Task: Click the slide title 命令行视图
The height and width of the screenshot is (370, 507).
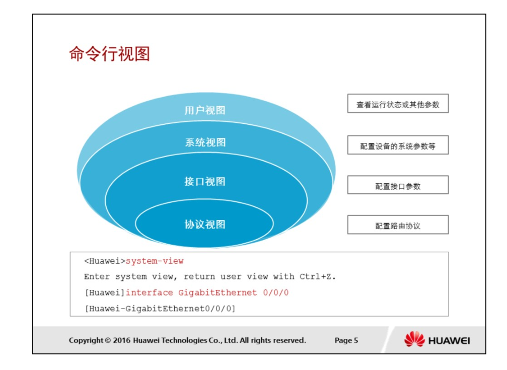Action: pyautogui.click(x=110, y=54)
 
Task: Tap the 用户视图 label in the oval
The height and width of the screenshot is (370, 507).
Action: pyautogui.click(x=205, y=110)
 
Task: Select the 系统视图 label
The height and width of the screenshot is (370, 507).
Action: pyautogui.click(x=205, y=142)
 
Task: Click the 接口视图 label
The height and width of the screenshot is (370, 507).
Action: pyautogui.click(x=205, y=181)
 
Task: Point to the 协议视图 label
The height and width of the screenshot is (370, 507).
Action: pyautogui.click(x=205, y=224)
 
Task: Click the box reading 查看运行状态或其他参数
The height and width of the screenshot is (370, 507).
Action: pyautogui.click(x=398, y=104)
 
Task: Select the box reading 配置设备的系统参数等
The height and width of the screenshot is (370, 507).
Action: pyautogui.click(x=398, y=145)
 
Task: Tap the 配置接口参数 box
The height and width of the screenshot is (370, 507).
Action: pyautogui.click(x=398, y=185)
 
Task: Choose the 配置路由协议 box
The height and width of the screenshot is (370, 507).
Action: pyautogui.click(x=398, y=225)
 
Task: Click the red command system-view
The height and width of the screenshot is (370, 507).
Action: pyautogui.click(x=155, y=261)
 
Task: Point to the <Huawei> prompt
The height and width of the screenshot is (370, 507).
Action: pyautogui.click(x=105, y=261)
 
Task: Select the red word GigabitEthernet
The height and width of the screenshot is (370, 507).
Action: pyautogui.click(x=218, y=292)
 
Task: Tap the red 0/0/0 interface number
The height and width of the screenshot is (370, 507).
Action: pyautogui.click(x=276, y=292)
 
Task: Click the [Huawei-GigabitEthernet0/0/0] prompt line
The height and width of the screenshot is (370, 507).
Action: pyautogui.click(x=160, y=309)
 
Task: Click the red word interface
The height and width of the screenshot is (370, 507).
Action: pyautogui.click(x=150, y=292)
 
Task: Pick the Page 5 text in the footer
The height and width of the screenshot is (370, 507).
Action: pyautogui.click(x=346, y=340)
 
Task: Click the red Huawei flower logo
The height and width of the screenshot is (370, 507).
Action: pyautogui.click(x=414, y=339)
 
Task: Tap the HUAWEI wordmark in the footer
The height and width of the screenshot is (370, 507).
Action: pyautogui.click(x=449, y=341)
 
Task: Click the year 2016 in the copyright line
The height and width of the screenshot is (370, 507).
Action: pyautogui.click(x=121, y=340)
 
